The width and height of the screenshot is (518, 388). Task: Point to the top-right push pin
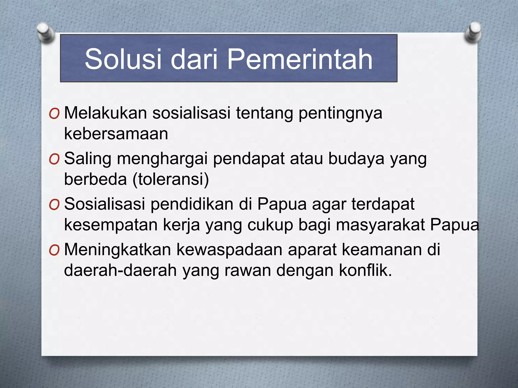click(473, 32)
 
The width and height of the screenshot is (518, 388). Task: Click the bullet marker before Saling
click(54, 159)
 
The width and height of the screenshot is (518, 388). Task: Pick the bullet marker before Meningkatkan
click(54, 250)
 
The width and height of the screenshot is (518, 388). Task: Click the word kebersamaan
click(116, 134)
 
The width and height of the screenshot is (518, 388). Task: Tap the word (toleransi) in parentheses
click(171, 179)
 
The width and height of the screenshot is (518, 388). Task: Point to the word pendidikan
click(192, 204)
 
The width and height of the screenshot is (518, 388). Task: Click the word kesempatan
click(111, 225)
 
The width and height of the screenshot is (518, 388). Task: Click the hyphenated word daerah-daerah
click(120, 270)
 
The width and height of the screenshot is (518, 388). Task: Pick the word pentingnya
click(340, 113)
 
